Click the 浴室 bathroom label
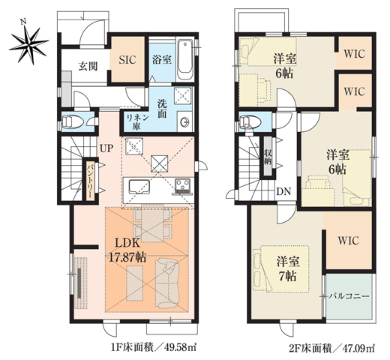[161, 58]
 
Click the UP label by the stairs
[108, 148]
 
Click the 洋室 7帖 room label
[288, 268]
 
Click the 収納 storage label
[268, 157]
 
